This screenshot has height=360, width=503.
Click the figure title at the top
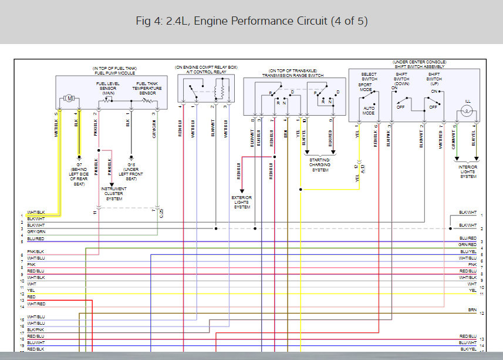251,22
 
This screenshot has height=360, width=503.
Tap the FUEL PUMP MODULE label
114,73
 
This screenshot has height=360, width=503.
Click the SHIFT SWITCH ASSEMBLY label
420,66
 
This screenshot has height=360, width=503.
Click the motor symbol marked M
70,98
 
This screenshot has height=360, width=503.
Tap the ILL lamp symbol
468,109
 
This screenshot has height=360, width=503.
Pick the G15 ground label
127,170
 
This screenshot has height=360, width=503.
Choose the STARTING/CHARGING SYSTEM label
320,164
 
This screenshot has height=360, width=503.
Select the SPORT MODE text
366,87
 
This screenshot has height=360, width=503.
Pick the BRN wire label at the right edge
472,309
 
